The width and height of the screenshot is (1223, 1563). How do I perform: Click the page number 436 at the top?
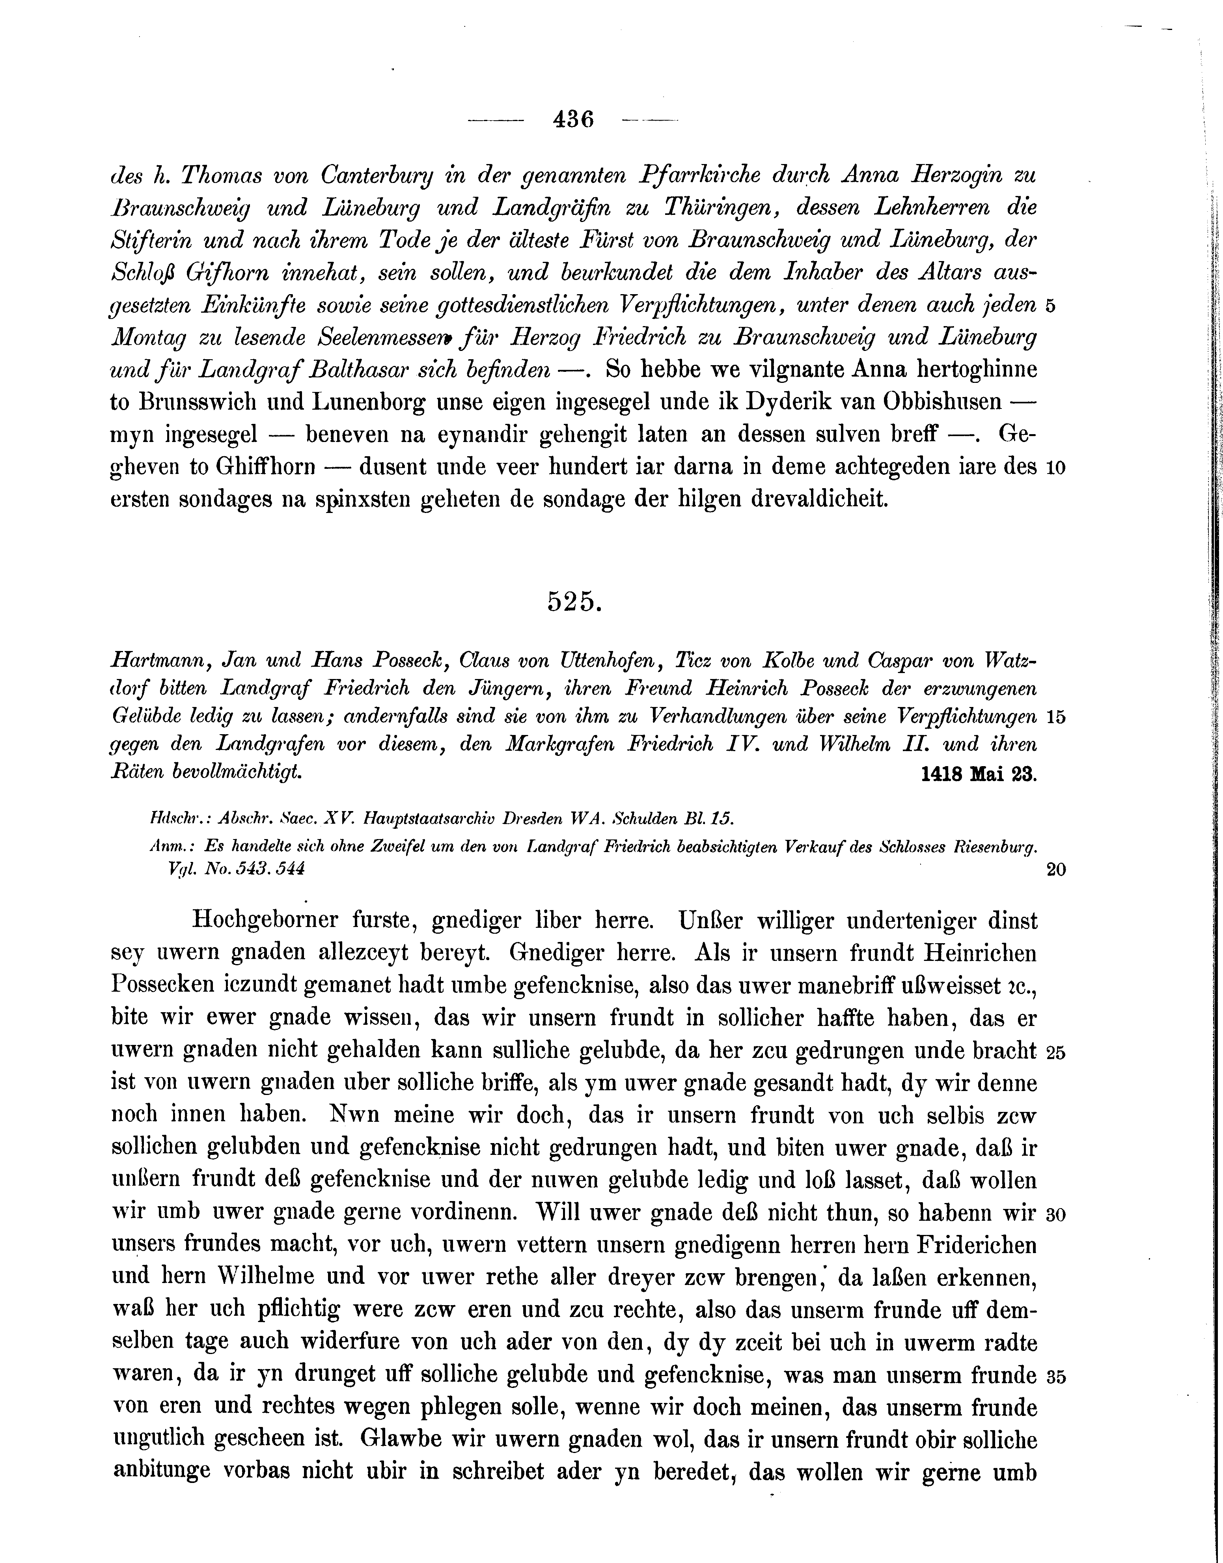[574, 119]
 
